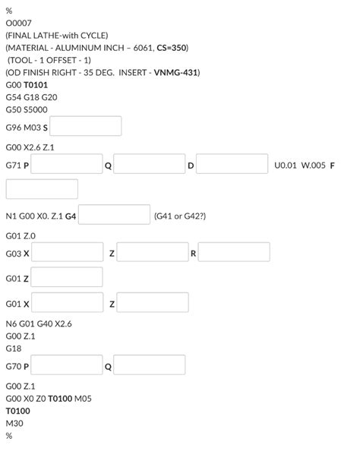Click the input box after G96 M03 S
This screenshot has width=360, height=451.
pos(86,126)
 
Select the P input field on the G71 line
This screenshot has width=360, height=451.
pos(67,164)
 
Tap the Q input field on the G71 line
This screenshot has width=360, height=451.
pos(150,164)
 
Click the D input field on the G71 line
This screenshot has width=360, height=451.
pos(232,164)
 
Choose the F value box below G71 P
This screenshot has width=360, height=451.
pos(42,189)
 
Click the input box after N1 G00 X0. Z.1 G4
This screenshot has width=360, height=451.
pos(114,215)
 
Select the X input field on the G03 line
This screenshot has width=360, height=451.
pos(67,252)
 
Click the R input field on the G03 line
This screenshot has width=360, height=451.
pos(234,252)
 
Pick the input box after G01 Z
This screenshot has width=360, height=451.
pos(67,277)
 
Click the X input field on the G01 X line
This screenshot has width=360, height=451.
pos(67,303)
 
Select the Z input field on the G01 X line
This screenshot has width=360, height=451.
pos(153,303)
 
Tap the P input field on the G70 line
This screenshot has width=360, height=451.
pos(67,365)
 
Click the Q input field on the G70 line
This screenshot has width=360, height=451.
pos(150,365)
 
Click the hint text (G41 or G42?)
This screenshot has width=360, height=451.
pos(180,216)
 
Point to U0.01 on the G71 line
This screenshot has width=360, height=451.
pos(286,165)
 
